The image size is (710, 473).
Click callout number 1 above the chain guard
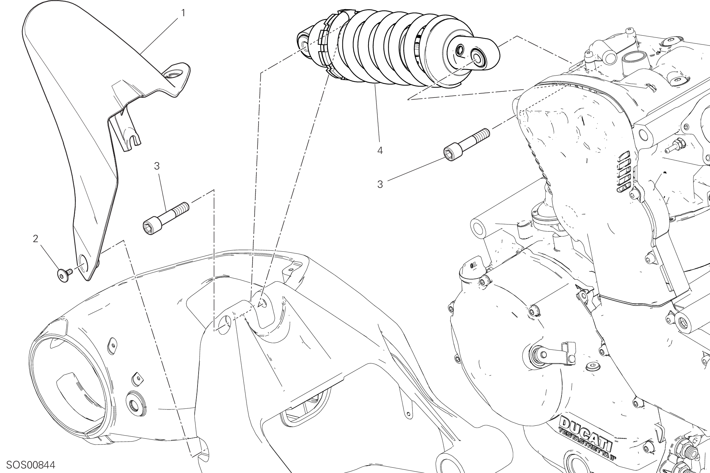pos(183,13)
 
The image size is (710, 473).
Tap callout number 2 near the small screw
pos(35,239)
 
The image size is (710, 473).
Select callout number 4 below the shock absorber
pos(380,151)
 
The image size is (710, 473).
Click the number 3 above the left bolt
pos(157,166)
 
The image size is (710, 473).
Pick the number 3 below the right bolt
pos(380,185)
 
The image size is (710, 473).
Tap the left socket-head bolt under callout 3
pos(166,218)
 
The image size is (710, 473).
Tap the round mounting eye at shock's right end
pos(478,57)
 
